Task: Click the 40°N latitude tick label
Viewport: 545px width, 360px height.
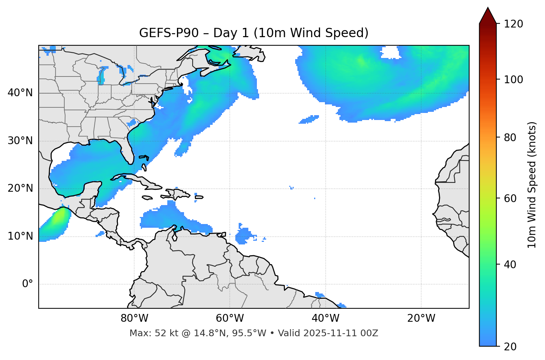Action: [x=20, y=93]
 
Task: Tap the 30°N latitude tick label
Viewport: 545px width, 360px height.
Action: [x=20, y=141]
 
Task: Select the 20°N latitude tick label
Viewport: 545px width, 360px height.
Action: [x=20, y=188]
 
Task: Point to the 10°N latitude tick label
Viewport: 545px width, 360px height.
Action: [x=20, y=236]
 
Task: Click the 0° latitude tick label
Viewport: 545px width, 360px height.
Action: [x=28, y=284]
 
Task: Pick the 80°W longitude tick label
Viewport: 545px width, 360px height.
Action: [x=134, y=318]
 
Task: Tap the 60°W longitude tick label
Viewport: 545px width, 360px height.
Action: [x=230, y=318]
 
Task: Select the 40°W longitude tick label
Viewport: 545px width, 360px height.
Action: [x=325, y=318]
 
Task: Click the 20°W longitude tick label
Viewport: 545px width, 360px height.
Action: [x=421, y=318]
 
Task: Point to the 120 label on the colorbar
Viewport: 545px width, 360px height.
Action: [x=513, y=24]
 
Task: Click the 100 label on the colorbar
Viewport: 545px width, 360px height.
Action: [x=513, y=80]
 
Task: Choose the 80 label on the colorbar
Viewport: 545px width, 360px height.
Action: [x=510, y=137]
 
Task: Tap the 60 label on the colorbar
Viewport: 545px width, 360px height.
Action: [x=510, y=198]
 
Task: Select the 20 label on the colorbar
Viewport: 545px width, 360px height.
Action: [x=510, y=347]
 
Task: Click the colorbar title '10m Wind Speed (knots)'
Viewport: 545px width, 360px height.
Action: [x=532, y=185]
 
